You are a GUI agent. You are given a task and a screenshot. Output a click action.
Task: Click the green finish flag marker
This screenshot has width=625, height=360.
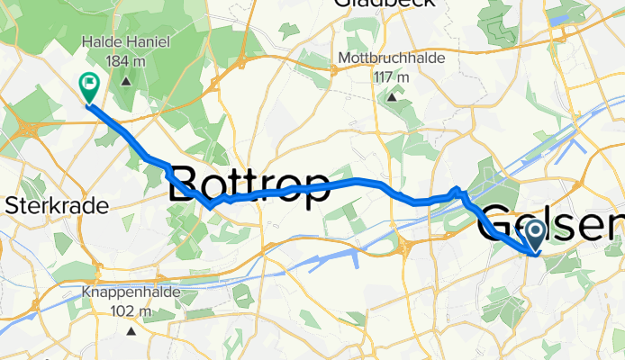[x=90, y=86]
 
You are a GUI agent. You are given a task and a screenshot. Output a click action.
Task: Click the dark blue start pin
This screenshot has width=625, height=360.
[x=534, y=236]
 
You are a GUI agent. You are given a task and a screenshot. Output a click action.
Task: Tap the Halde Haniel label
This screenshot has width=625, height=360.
[x=125, y=41]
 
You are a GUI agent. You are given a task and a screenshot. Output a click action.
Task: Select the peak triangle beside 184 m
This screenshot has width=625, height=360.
[x=125, y=81]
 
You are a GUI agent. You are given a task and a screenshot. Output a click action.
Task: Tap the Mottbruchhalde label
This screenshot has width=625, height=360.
[x=393, y=58]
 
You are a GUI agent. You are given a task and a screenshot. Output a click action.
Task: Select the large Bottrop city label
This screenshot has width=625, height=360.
[x=249, y=187]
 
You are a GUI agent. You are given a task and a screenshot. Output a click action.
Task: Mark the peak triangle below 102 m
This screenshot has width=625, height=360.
[x=131, y=331]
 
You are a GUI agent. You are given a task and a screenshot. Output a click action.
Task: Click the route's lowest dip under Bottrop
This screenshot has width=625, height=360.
[x=209, y=206]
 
